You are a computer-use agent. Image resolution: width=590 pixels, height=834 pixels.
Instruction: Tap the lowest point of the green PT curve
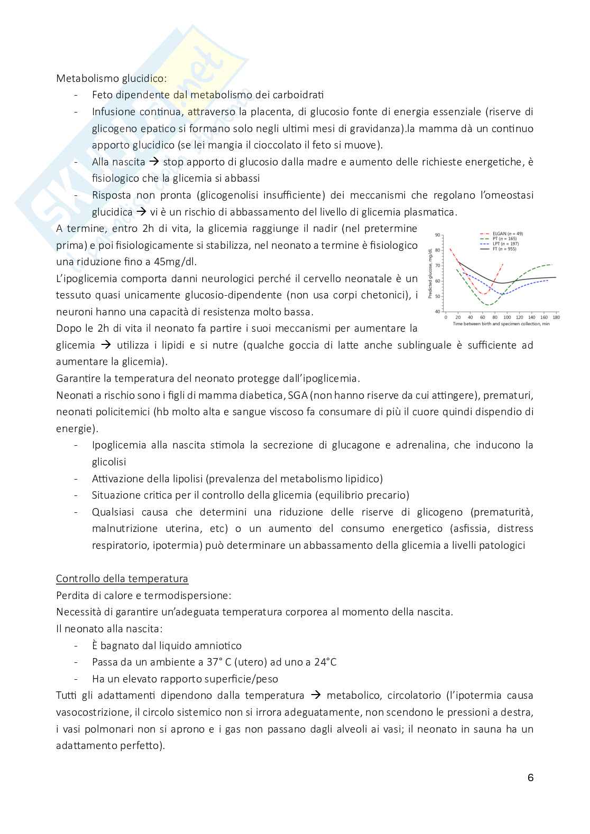(x=489, y=305)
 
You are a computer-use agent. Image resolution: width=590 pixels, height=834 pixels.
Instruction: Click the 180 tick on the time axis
(x=556, y=317)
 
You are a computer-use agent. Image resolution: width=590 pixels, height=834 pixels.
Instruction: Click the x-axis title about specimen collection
(x=501, y=323)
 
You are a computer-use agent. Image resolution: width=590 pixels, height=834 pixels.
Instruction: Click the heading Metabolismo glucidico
(x=111, y=78)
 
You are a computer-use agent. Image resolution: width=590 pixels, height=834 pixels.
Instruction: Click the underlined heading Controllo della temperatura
(x=122, y=578)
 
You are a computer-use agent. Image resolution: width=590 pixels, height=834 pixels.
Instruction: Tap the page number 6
(x=530, y=777)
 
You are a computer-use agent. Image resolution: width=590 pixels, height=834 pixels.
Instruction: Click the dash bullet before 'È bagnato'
(x=77, y=645)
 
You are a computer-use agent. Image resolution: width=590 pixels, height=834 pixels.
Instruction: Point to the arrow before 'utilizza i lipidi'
(x=106, y=345)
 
